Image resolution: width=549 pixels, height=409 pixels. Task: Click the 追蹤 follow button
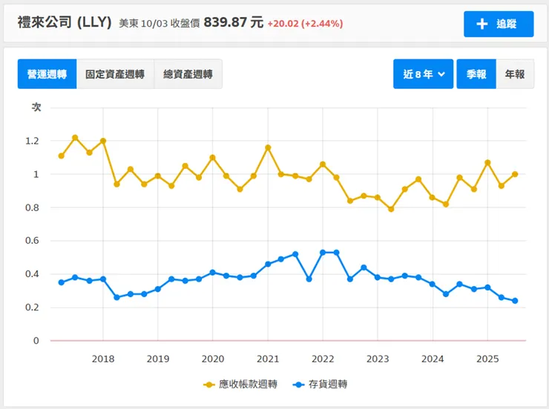click(499, 24)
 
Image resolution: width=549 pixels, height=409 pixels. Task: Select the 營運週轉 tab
click(47, 74)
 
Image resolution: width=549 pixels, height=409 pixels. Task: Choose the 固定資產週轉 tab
click(115, 74)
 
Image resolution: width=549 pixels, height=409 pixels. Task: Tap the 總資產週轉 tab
click(188, 74)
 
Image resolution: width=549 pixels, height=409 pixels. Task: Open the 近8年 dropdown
click(423, 74)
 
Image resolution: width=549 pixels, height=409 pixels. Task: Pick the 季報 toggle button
click(476, 74)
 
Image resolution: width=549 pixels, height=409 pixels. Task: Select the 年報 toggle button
click(515, 74)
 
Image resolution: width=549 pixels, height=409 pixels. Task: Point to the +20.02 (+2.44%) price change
click(306, 23)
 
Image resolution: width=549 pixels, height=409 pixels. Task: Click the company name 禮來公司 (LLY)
click(65, 22)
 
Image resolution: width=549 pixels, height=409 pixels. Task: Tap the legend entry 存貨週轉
click(321, 384)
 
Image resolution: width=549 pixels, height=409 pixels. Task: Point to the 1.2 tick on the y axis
click(32, 141)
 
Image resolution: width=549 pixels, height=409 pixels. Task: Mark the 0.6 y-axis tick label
click(32, 241)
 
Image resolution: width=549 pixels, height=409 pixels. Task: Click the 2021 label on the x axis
click(268, 359)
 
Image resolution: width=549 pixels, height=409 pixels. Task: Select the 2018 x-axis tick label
click(103, 359)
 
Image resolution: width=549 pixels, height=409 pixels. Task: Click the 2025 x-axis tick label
click(487, 359)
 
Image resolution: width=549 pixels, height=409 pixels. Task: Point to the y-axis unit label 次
click(36, 107)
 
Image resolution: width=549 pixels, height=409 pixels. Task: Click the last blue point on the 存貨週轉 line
click(515, 301)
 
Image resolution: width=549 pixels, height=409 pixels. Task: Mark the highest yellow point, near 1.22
click(75, 138)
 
